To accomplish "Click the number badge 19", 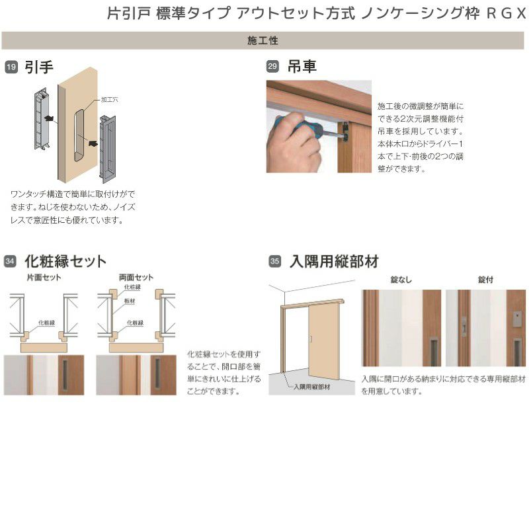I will (x=11, y=67).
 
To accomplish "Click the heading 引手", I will (x=39, y=67).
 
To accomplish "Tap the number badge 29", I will (x=272, y=67).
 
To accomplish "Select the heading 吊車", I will (x=302, y=67).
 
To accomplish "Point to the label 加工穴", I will (x=109, y=99).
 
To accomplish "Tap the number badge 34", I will (x=11, y=261).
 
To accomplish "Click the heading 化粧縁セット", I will (x=65, y=261).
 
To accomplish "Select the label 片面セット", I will (x=44, y=278).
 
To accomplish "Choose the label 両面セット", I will (x=136, y=278).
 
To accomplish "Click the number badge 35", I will (x=274, y=261).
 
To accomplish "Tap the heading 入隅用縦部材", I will (x=334, y=261).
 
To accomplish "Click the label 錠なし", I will (x=401, y=280).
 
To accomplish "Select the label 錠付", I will (x=485, y=280).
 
